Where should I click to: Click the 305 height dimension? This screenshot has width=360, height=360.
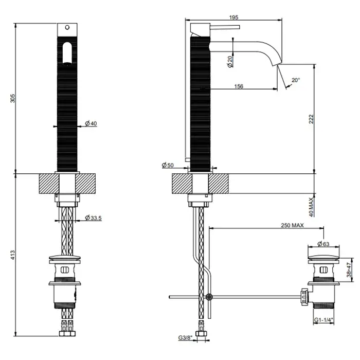point(11,98)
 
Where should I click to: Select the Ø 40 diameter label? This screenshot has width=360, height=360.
point(91,123)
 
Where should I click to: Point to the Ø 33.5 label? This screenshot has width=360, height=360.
point(93,218)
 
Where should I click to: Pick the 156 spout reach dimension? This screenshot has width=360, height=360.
point(238,86)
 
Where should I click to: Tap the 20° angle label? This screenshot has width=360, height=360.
point(295,80)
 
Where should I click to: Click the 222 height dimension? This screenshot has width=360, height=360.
point(311,118)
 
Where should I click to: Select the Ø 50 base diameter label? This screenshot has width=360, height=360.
point(168,165)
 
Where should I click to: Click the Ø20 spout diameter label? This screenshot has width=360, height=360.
point(230,61)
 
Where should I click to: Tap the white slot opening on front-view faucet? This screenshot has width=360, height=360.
point(66,53)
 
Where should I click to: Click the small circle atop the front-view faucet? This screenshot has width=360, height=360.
point(66,26)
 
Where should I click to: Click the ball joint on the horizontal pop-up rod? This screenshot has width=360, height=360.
point(209,297)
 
